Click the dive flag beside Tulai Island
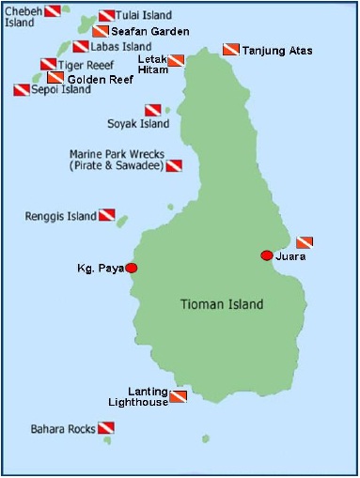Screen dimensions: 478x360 tap(106, 16)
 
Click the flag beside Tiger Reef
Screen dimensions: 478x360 tap(48, 65)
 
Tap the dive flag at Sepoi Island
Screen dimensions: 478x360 tap(21, 91)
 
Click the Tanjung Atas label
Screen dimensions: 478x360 tap(277, 50)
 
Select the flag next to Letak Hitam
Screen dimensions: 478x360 tap(176, 61)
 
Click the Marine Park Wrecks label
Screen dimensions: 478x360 tap(117, 160)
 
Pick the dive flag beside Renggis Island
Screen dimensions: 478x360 tap(106, 215)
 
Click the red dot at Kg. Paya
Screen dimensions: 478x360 tap(131, 268)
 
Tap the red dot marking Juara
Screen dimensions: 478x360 tap(267, 254)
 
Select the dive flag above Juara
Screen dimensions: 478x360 tap(304, 241)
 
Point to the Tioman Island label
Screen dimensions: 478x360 tap(222, 304)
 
